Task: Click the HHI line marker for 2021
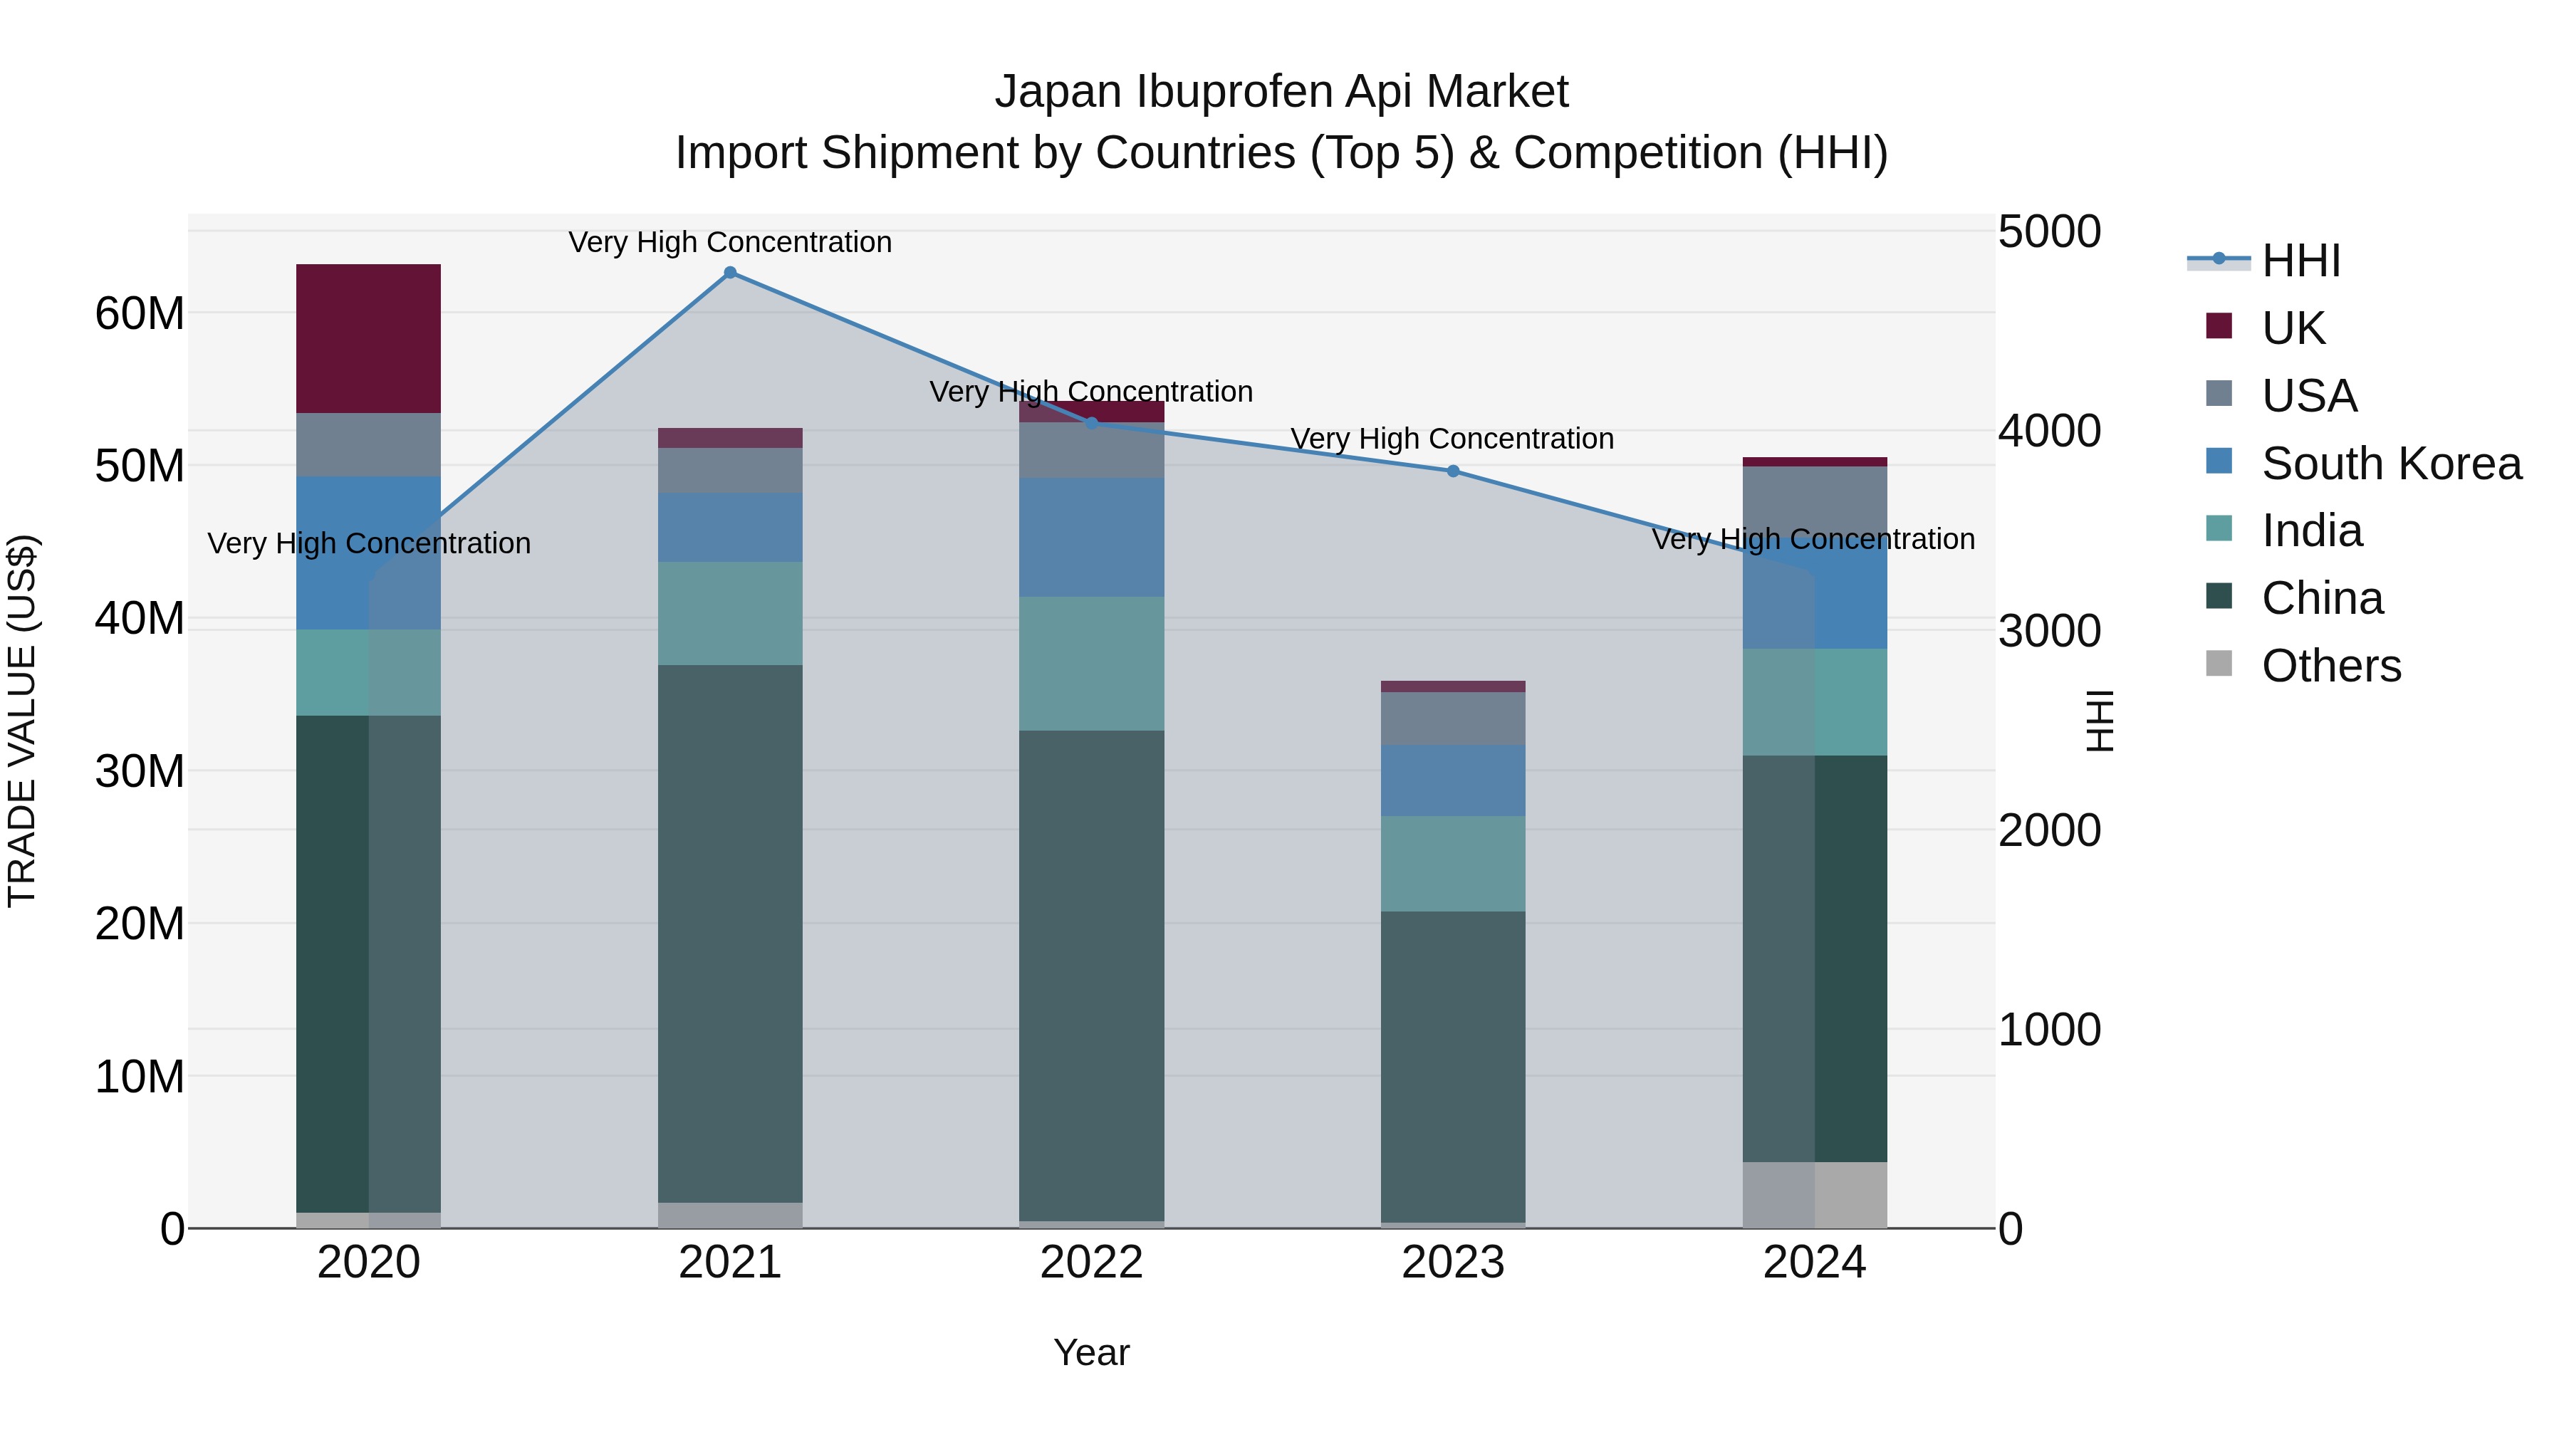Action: (729, 273)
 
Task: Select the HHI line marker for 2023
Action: (1452, 471)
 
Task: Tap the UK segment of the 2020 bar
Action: (368, 338)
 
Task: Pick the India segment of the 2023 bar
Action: (1452, 864)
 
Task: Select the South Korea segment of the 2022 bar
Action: (1091, 538)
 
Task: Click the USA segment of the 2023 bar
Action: (1452, 718)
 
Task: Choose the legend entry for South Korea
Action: (2391, 464)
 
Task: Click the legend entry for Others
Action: (2330, 666)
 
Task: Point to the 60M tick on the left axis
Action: (140, 313)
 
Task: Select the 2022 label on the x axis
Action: (1091, 1263)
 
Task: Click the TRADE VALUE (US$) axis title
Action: (22, 721)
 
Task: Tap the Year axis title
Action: (1091, 1352)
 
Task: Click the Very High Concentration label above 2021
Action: (729, 242)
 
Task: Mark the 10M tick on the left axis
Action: (140, 1077)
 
